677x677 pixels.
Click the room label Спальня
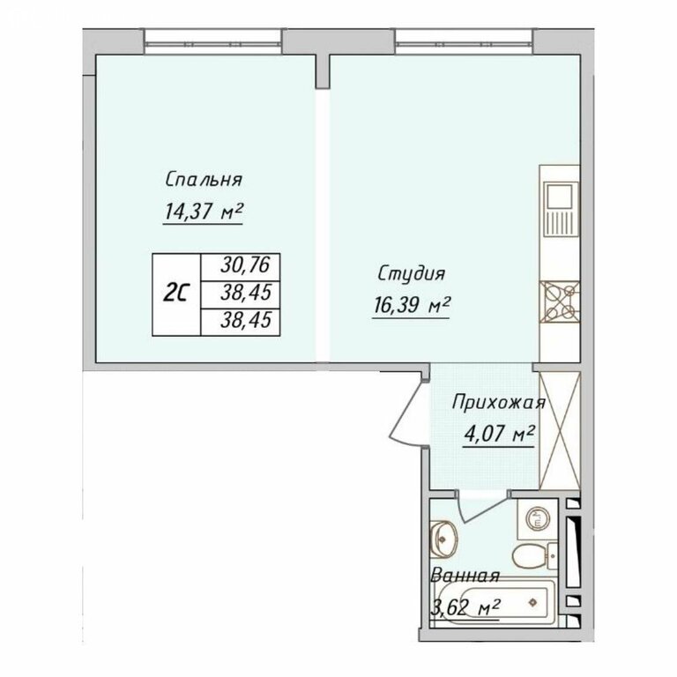[x=204, y=180]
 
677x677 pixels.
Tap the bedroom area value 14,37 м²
[x=203, y=212]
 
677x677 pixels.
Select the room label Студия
[x=412, y=274]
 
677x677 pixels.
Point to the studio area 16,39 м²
[x=412, y=307]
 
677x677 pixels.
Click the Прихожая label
[x=499, y=403]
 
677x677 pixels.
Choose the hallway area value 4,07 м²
[x=500, y=434]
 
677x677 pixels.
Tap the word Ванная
[x=465, y=576]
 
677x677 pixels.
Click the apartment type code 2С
[x=176, y=294]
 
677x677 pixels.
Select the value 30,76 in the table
[x=245, y=265]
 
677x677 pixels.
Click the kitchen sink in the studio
[x=561, y=210]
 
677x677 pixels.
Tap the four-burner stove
[x=560, y=301]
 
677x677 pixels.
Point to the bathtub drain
[x=533, y=602]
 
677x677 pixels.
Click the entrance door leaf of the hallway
[x=407, y=409]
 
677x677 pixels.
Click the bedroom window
[x=212, y=42]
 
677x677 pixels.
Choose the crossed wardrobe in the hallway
[x=560, y=430]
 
